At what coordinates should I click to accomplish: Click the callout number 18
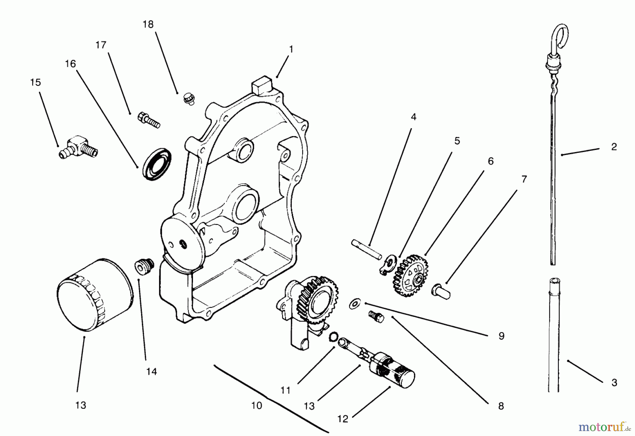[148, 24]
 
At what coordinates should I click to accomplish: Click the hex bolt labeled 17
[150, 119]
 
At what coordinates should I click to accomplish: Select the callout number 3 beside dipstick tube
[614, 382]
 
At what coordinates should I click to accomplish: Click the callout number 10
[256, 406]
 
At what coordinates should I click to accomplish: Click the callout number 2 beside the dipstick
[614, 147]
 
